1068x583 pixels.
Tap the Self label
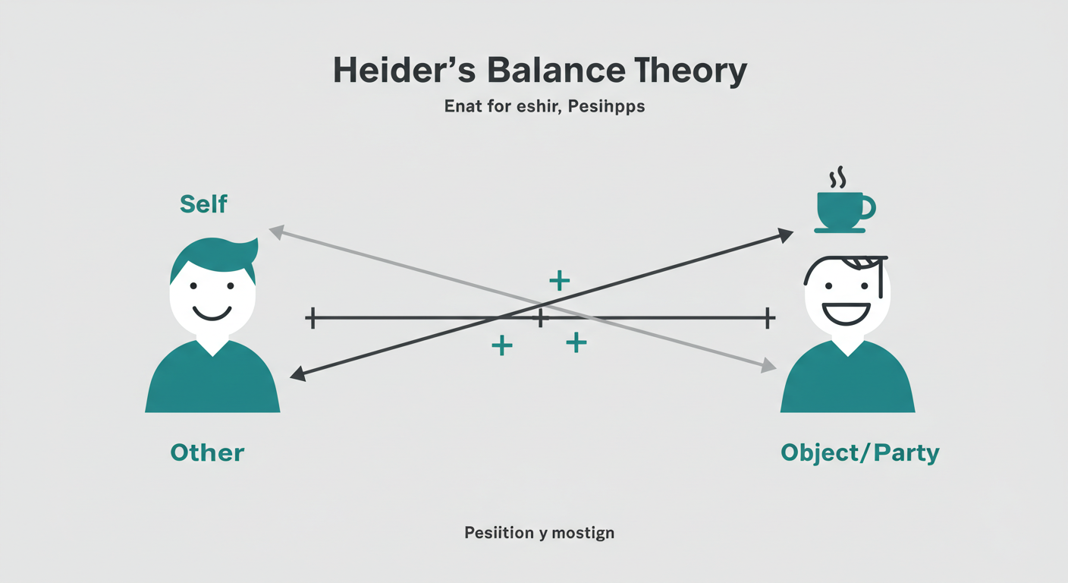point(203,203)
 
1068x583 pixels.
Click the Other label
point(207,452)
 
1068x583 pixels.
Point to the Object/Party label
point(859,453)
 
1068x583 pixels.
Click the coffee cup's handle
point(868,206)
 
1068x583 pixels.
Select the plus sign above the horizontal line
point(559,281)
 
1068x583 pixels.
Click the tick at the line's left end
point(309,318)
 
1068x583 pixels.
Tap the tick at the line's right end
point(768,318)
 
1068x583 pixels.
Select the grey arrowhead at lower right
point(768,367)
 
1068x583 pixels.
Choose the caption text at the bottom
point(539,533)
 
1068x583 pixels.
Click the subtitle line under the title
point(544,106)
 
